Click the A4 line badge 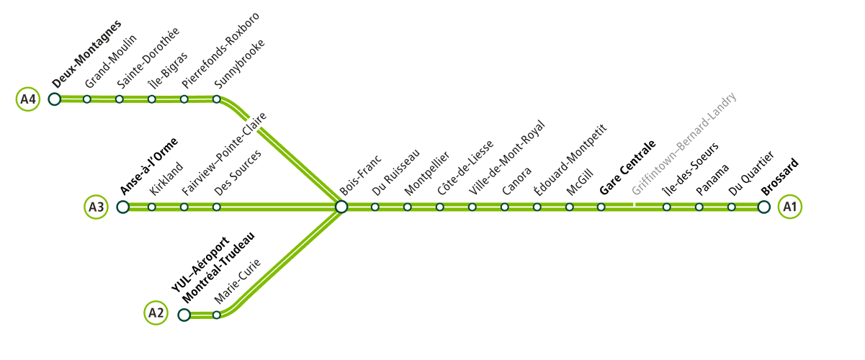pos(27,99)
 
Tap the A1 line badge pos(790,207)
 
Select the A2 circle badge pos(156,313)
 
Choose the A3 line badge pos(97,207)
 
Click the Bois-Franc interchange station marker pos(342,207)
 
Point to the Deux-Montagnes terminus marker pos(55,99)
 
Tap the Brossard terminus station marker pos(763,207)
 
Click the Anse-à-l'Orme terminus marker pos(123,207)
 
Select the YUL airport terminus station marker pos(184,315)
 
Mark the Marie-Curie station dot pos(217,315)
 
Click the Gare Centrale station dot pos(601,207)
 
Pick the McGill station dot pos(569,207)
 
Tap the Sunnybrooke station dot pos(217,99)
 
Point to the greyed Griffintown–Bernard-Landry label pos(684,144)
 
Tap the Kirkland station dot pos(152,207)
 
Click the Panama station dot pos(699,207)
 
